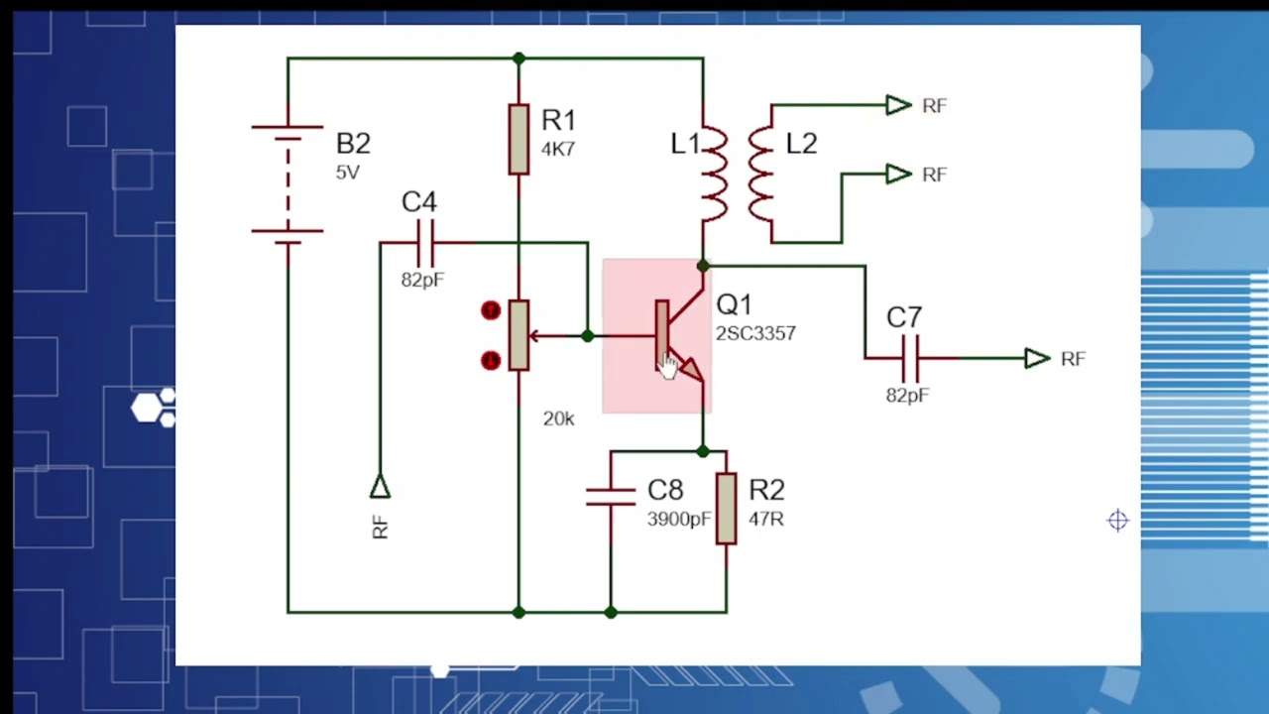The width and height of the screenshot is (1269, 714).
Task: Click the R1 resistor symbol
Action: pyautogui.click(x=519, y=139)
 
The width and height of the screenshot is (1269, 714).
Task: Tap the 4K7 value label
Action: pyautogui.click(x=558, y=150)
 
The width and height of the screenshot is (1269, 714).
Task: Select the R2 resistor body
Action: pyautogui.click(x=726, y=508)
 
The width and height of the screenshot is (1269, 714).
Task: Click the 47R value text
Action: pyautogui.click(x=766, y=519)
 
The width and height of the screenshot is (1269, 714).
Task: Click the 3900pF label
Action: pyautogui.click(x=679, y=520)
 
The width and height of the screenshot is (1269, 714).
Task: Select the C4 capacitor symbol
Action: pyautogui.click(x=425, y=242)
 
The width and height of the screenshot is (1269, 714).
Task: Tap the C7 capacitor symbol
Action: pyautogui.click(x=911, y=358)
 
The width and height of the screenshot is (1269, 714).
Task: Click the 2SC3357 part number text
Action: pyautogui.click(x=755, y=334)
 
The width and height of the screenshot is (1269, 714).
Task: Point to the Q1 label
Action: pyautogui.click(x=734, y=305)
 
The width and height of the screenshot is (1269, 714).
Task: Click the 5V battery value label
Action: pyautogui.click(x=347, y=173)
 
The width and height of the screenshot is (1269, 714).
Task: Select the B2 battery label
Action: pyautogui.click(x=353, y=144)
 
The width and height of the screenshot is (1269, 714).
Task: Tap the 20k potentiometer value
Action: pyautogui.click(x=558, y=419)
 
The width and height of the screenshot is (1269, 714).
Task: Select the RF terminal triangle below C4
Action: pyautogui.click(x=380, y=487)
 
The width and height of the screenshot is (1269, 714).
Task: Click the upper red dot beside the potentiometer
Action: pyautogui.click(x=491, y=311)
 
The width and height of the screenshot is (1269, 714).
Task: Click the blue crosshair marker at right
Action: pyautogui.click(x=1117, y=521)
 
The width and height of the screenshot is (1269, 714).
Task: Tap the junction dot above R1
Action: pyautogui.click(x=519, y=59)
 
